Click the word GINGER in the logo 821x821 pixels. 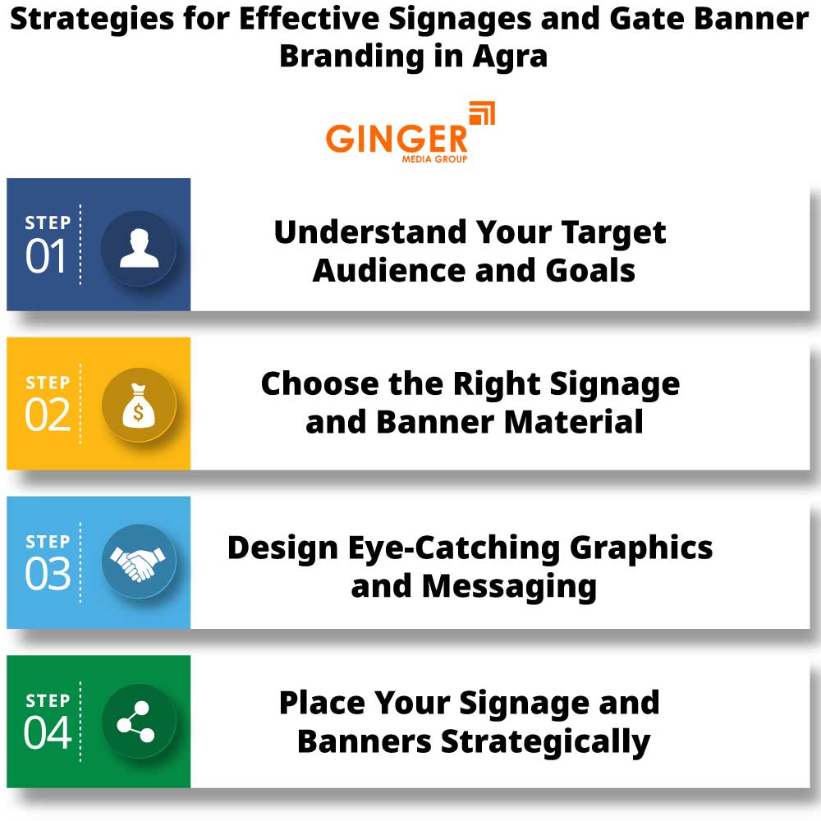pyautogui.click(x=396, y=137)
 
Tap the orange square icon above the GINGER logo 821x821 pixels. pyautogui.click(x=482, y=115)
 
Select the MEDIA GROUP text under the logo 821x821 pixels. pyautogui.click(x=435, y=158)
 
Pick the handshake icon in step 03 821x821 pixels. pyautogui.click(x=139, y=564)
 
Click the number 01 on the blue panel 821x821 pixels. pyautogui.click(x=46, y=258)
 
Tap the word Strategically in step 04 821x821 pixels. pyautogui.click(x=546, y=741)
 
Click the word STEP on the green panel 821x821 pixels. pyautogui.click(x=48, y=701)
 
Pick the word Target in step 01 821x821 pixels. pyautogui.click(x=613, y=232)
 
